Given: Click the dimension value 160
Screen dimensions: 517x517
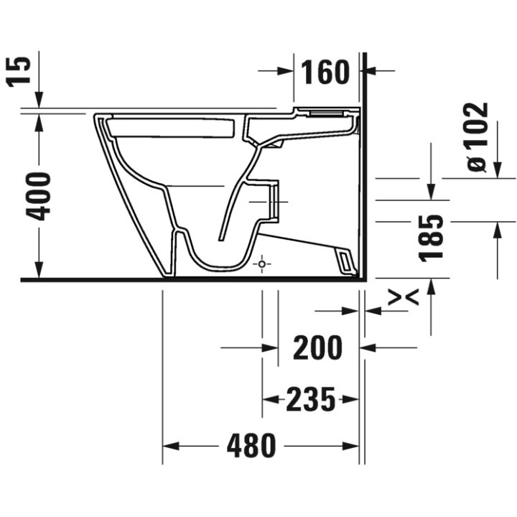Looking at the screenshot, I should point(325,72).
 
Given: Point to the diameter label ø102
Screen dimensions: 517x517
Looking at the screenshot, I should point(476,136).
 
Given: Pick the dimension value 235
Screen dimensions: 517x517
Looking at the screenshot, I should point(311,399).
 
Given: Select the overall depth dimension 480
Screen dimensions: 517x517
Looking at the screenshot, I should point(251,447).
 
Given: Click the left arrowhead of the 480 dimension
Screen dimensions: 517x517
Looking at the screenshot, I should point(169,447).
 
